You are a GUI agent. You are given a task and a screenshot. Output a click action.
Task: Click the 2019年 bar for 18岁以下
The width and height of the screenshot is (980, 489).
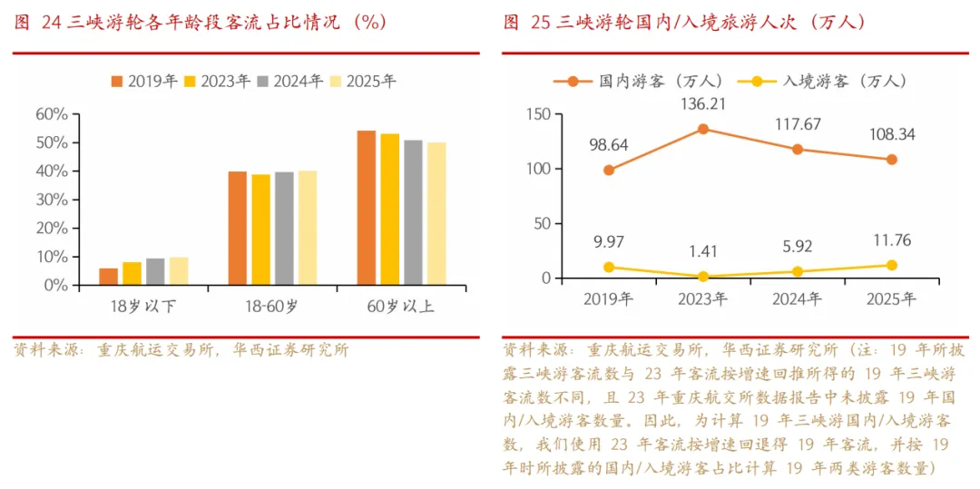pos(108,277)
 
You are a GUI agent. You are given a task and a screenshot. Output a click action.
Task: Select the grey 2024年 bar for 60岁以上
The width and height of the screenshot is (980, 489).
pos(413,212)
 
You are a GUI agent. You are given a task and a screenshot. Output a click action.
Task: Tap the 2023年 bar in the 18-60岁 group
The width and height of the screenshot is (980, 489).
pos(260,230)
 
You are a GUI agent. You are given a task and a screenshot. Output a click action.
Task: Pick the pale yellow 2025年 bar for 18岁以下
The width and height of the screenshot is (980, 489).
pos(179,271)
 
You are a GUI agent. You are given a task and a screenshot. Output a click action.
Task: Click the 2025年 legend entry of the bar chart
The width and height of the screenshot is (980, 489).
pos(364,82)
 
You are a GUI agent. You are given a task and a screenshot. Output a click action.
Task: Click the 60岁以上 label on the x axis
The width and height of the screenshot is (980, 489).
pos(402,308)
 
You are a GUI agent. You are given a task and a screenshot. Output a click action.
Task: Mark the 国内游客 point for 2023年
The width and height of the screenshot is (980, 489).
pos(703,129)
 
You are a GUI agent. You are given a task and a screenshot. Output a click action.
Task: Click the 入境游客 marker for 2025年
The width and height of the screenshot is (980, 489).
pos(892,266)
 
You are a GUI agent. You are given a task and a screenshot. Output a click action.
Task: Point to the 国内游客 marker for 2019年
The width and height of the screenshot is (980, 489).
pos(609,170)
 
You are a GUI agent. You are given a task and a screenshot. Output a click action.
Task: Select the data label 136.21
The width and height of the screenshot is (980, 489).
pos(704,103)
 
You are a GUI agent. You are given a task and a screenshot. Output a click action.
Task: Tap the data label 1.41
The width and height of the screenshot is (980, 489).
pos(704,251)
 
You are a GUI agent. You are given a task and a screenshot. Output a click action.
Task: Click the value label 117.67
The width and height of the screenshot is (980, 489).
pos(798,125)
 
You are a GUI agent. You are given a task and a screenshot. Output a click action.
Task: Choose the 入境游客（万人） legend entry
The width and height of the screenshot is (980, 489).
pos(822,81)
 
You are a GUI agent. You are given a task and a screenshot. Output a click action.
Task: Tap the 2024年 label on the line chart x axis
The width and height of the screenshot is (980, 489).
pos(798,299)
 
